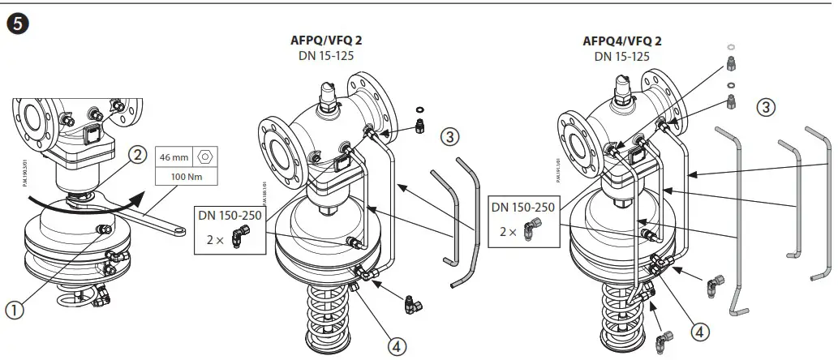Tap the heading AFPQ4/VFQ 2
click(x=621, y=41)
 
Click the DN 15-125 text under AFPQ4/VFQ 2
click(x=621, y=56)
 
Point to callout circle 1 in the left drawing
click(x=15, y=308)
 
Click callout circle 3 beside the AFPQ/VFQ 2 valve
click(x=451, y=136)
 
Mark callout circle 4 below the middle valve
click(x=397, y=346)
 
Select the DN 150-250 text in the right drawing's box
click(x=524, y=208)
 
